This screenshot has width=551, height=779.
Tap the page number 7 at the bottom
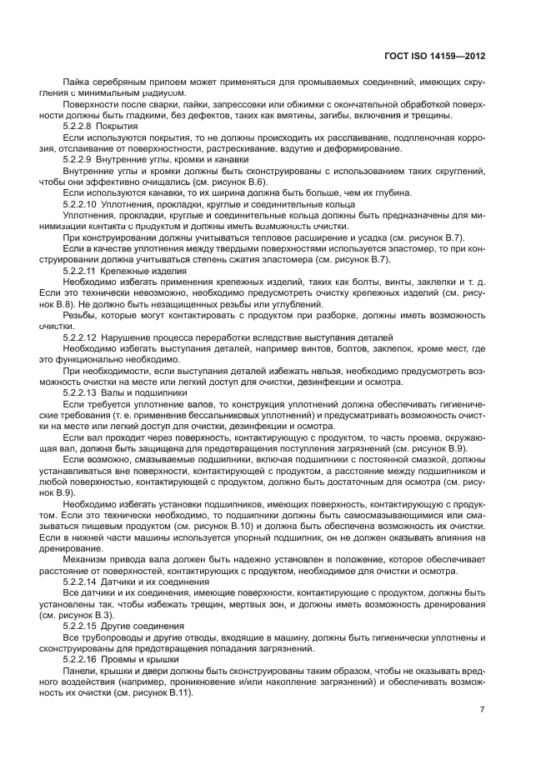tap(483, 709)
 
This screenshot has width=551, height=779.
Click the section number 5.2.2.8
tap(81, 127)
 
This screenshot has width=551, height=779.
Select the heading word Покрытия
tap(120, 127)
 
